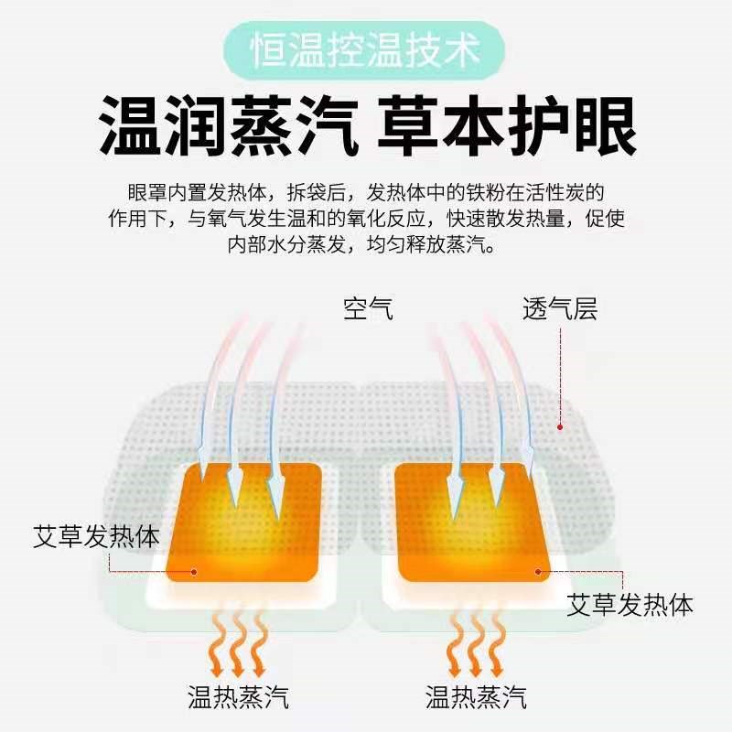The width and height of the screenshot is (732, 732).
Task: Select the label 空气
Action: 368,308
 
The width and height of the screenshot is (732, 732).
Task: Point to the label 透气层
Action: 559,308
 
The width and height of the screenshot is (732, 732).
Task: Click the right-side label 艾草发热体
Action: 630,604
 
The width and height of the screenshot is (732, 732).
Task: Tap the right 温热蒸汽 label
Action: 476,697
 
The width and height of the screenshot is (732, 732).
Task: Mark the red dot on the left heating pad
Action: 195,572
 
